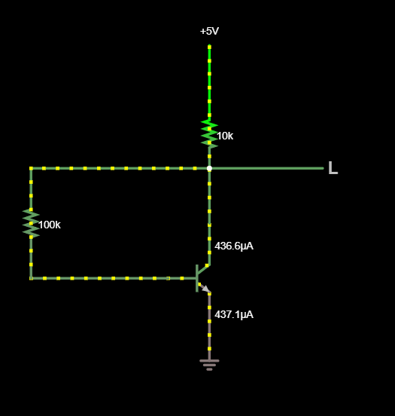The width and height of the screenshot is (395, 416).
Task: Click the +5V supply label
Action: pos(209,32)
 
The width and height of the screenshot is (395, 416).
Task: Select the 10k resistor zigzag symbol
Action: pos(209,134)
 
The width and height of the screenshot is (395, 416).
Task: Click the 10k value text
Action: pos(225,136)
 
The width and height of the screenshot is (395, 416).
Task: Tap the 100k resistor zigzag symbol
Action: pos(31,223)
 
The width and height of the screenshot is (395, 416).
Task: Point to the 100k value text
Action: pos(50,225)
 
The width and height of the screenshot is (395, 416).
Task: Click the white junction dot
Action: pos(209,169)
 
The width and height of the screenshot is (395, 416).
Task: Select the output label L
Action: pos(333,168)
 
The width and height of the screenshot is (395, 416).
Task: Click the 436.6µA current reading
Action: pos(234,246)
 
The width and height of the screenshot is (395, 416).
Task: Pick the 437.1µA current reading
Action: pos(234,315)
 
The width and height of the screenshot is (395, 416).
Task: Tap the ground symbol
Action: pos(209,365)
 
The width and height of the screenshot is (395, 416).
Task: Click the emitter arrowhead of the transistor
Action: pos(206,289)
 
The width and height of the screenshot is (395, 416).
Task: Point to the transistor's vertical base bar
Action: pos(197,278)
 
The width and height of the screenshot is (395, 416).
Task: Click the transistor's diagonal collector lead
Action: pos(203,271)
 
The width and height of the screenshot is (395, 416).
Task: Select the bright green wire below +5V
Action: pos(210,83)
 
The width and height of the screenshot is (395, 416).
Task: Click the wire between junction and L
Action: pos(266,168)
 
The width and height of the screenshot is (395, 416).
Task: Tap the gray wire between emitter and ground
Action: pos(210,326)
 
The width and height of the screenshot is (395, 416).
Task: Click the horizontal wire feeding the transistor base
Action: pos(114,278)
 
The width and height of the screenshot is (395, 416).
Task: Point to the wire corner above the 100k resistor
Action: pos(31,168)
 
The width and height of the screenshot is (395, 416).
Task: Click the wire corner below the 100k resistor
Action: pos(31,278)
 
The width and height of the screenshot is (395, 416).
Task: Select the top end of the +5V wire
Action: pos(210,46)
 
